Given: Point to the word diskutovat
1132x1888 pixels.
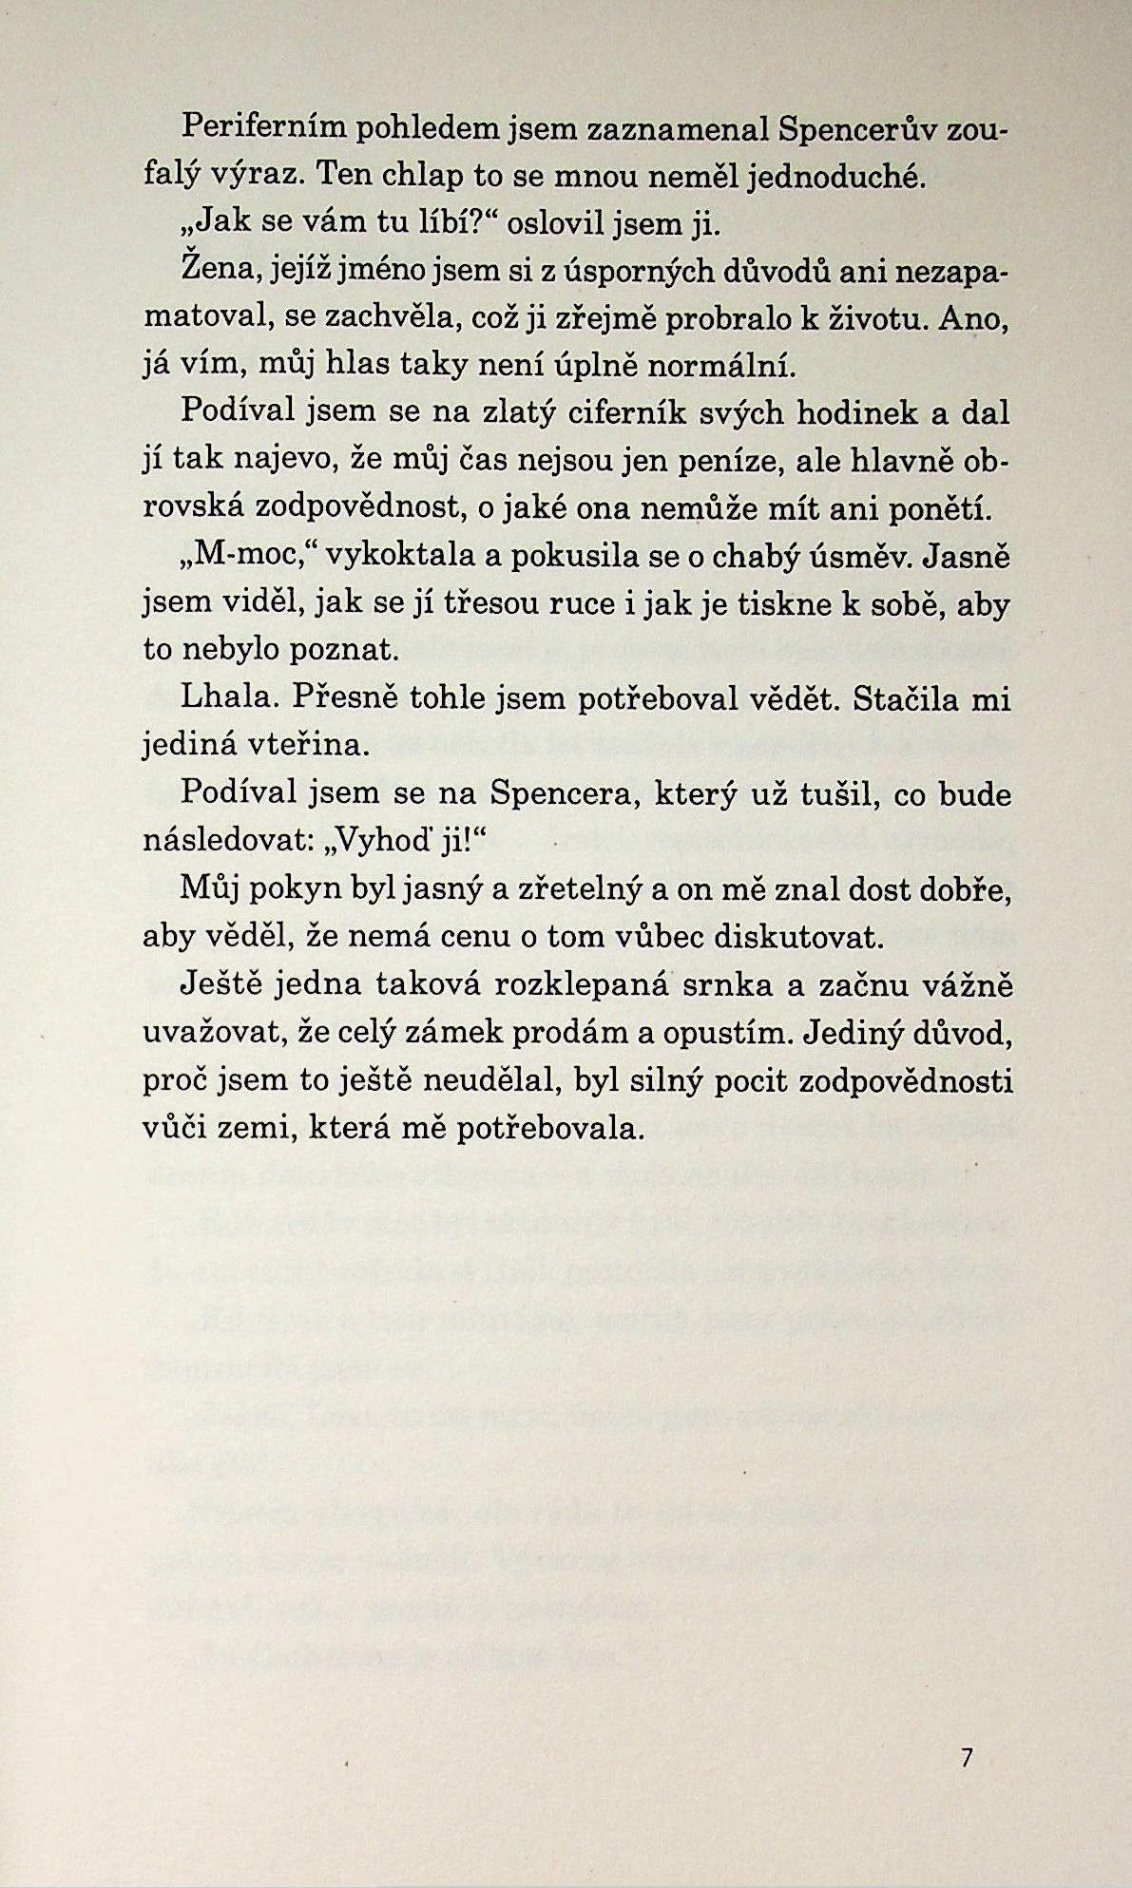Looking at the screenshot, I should tap(798, 937).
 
